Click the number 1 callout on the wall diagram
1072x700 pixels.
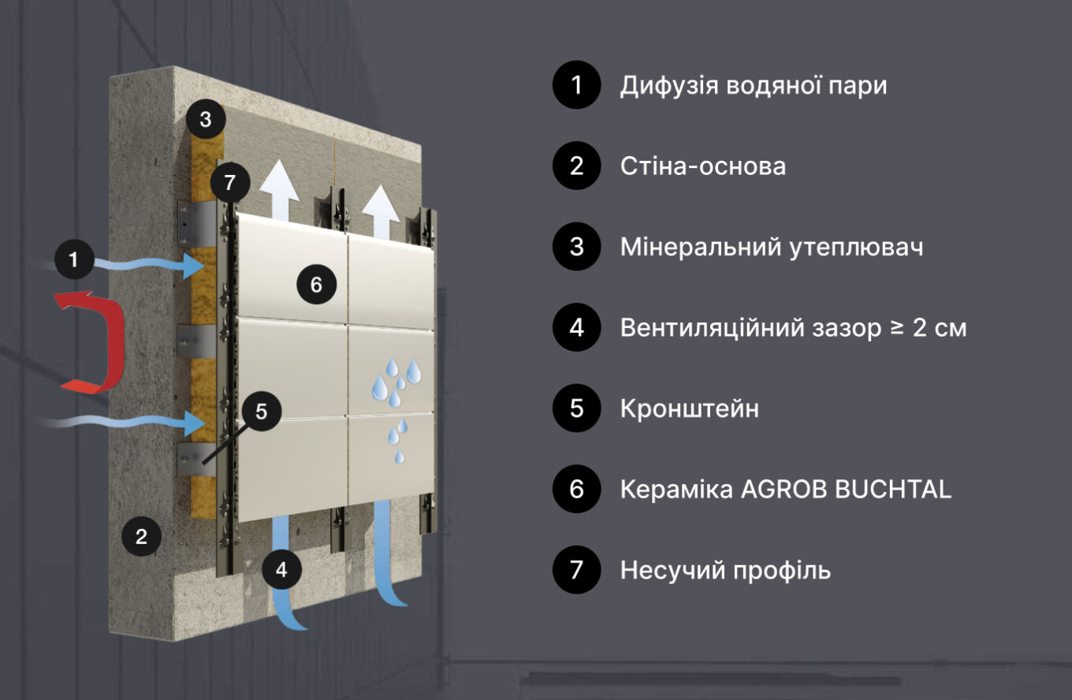[74, 259]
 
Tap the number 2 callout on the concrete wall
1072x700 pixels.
[141, 536]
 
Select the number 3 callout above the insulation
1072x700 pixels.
[205, 119]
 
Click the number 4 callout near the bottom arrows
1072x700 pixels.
[281, 569]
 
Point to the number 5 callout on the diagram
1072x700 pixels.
[262, 411]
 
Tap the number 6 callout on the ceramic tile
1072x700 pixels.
[316, 285]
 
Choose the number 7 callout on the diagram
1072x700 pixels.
[229, 182]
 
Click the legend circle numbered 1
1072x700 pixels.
[577, 85]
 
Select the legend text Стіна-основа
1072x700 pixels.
[702, 166]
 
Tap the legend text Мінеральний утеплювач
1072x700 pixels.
[772, 248]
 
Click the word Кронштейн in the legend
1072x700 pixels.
[689, 409]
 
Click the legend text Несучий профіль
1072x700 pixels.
[725, 571]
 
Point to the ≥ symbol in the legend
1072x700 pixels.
[897, 328]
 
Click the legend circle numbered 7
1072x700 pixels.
[577, 570]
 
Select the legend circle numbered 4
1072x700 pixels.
[577, 327]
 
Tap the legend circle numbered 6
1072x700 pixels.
[577, 489]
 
